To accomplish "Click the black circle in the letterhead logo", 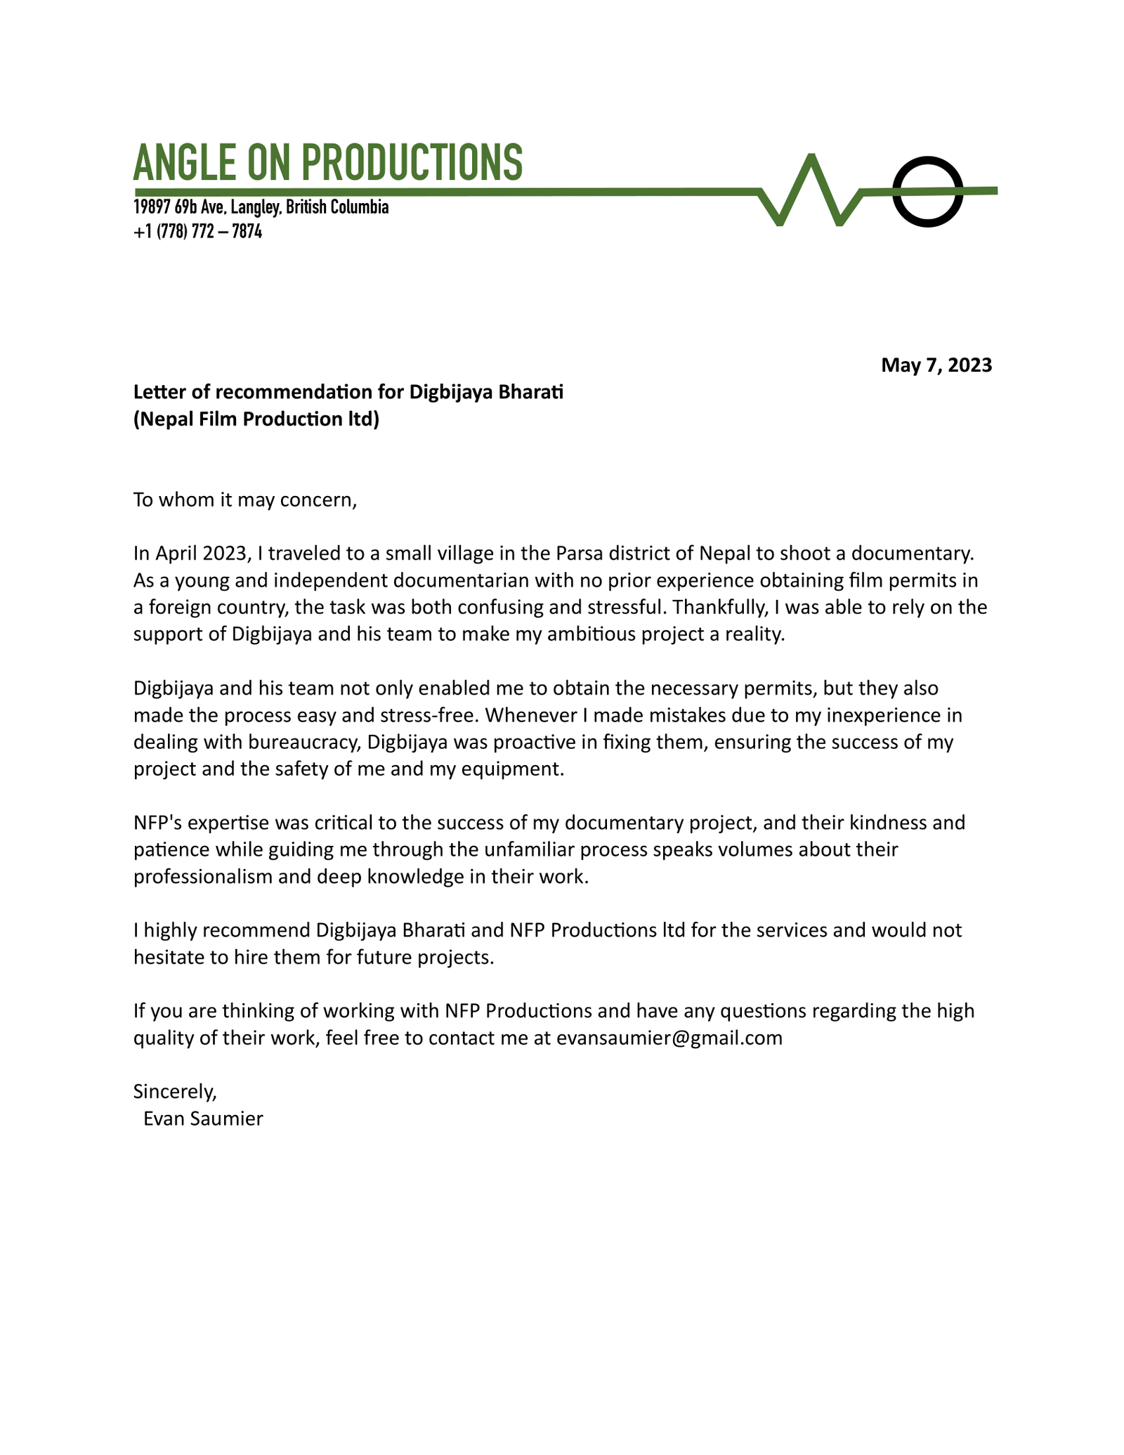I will [x=927, y=192].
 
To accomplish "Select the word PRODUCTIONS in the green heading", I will [x=412, y=162].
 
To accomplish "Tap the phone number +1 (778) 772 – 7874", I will [x=197, y=231].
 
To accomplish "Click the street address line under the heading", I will [x=261, y=207].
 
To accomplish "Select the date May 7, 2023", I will [x=936, y=365].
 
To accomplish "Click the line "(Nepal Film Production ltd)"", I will [x=256, y=419].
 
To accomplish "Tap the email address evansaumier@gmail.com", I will [x=669, y=1038].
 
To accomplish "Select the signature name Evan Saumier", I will [x=203, y=1118].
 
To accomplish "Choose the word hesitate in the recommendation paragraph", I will [x=174, y=958].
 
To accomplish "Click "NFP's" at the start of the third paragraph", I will [x=157, y=823].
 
